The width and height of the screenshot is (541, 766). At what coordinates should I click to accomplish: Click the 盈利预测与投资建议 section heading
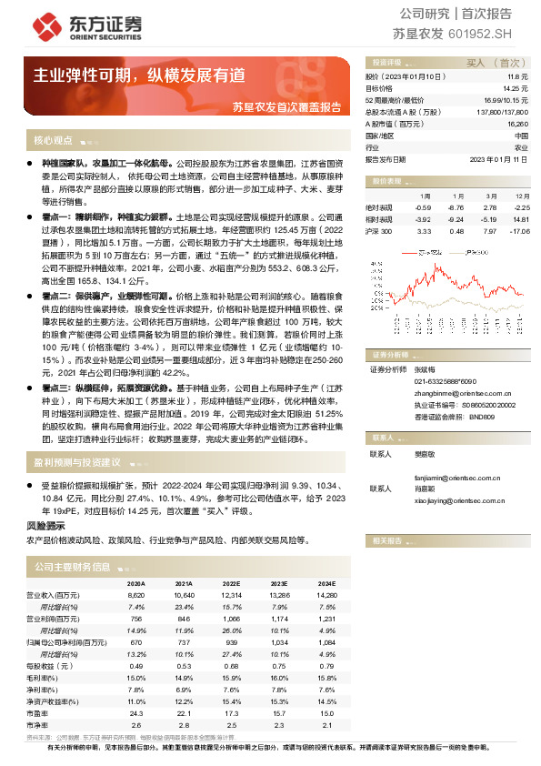[x=77, y=461]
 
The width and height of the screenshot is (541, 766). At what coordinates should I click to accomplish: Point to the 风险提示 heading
[x=45, y=526]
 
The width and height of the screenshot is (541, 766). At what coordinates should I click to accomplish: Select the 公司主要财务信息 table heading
[x=73, y=567]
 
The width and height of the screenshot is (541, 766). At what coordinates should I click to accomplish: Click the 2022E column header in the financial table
[x=231, y=583]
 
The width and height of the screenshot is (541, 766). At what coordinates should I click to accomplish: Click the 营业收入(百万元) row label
[x=56, y=594]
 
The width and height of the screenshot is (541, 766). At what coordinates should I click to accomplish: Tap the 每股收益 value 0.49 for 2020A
[x=136, y=665]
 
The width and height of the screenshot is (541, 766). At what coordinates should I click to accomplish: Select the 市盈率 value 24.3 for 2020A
[x=136, y=712]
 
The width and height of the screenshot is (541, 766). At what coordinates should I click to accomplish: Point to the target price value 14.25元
[x=516, y=87]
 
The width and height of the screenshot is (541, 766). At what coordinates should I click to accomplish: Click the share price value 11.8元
[x=518, y=76]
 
